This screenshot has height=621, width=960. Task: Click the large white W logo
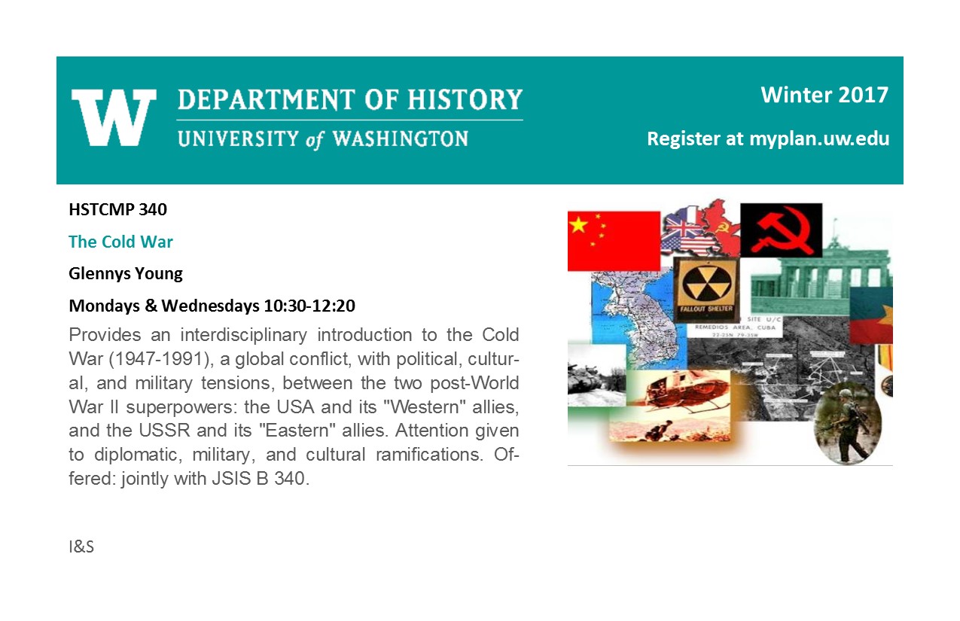click(x=114, y=117)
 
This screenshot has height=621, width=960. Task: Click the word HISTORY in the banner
click(x=465, y=99)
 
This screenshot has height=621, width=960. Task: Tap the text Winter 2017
click(x=824, y=95)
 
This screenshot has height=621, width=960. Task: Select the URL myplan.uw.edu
click(x=819, y=139)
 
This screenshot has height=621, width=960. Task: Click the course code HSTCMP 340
click(x=118, y=209)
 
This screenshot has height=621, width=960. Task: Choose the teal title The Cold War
click(x=121, y=242)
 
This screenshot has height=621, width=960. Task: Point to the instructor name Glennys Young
click(x=126, y=274)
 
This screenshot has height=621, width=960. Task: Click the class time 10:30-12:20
click(x=309, y=306)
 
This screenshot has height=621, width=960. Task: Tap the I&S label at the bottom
click(x=81, y=547)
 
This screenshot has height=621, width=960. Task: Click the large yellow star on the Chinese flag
click(x=578, y=224)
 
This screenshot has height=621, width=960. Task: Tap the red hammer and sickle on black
click(x=782, y=230)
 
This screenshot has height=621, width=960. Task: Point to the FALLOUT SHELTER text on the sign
click(x=706, y=309)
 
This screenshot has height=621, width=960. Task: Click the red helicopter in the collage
click(x=677, y=392)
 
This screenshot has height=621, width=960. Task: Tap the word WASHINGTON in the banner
click(x=401, y=139)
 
